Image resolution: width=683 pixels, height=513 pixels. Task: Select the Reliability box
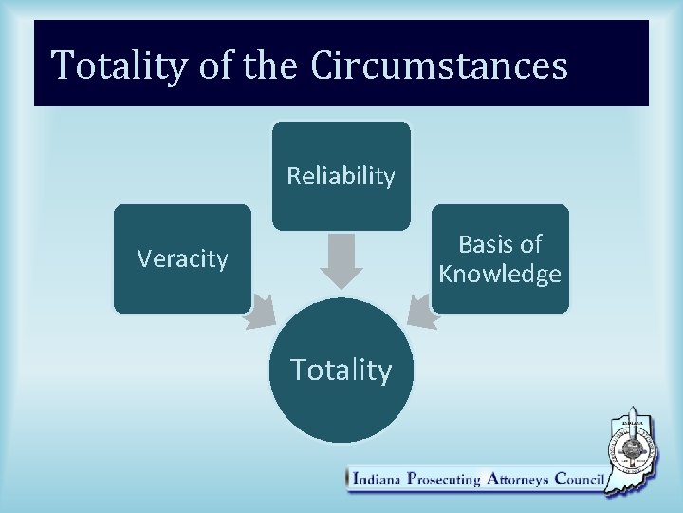(341, 176)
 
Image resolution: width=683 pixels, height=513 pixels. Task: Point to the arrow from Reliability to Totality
(341, 260)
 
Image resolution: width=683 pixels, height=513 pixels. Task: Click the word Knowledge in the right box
(500, 275)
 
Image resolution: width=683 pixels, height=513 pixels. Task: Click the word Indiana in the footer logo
(377, 480)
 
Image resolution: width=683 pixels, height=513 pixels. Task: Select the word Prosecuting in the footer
(443, 480)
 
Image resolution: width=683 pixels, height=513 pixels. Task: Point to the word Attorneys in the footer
(517, 480)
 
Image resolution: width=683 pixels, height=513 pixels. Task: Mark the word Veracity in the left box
(182, 258)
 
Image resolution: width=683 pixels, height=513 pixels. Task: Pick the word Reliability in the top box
(341, 176)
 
